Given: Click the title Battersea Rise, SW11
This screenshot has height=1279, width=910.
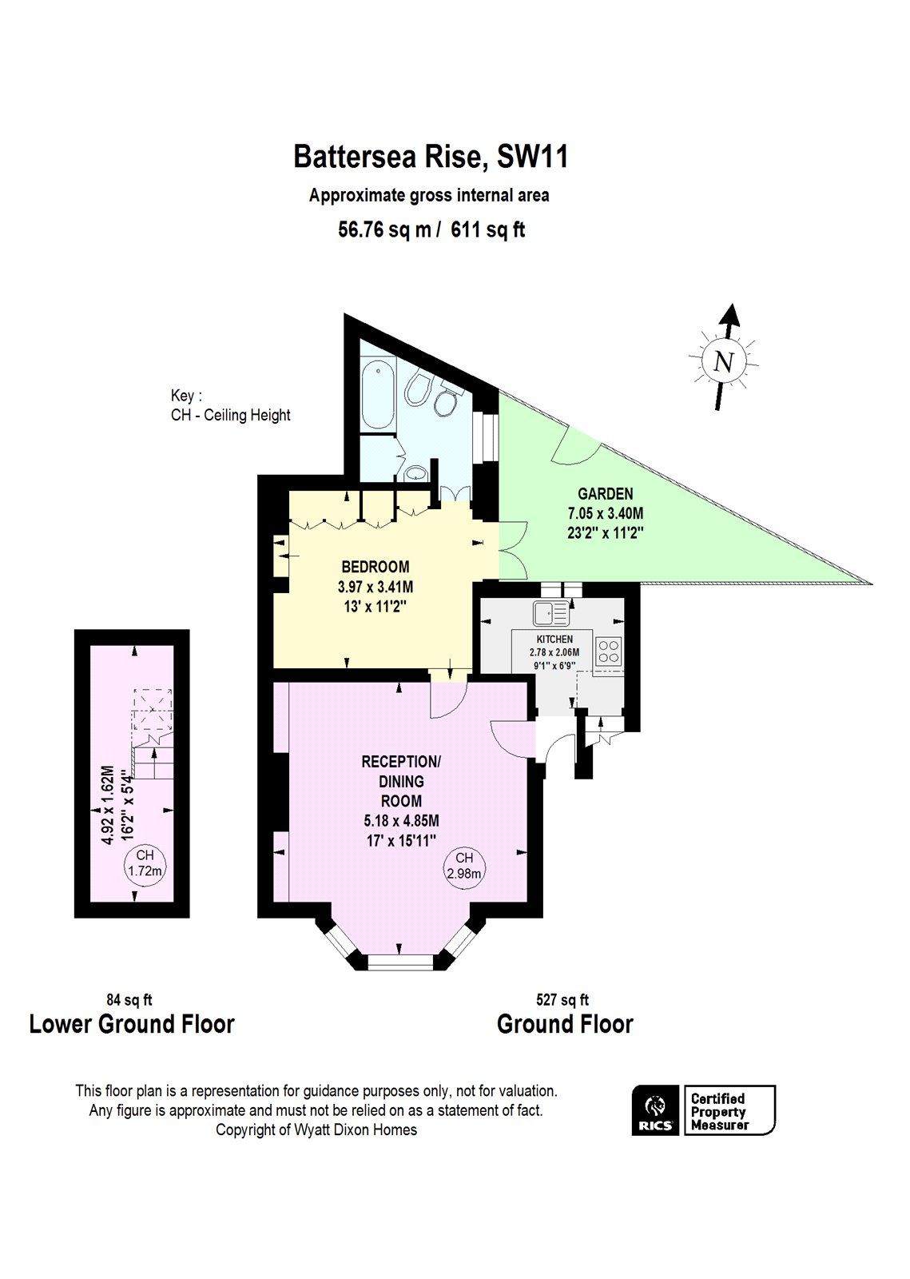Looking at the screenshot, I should click(x=431, y=156).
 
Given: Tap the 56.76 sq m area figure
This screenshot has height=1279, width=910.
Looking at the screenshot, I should click(x=384, y=230).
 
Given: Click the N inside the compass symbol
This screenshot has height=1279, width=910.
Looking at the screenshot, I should click(x=723, y=362).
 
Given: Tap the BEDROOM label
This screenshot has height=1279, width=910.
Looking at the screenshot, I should click(x=375, y=567).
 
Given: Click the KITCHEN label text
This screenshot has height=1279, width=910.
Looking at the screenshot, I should click(x=554, y=639).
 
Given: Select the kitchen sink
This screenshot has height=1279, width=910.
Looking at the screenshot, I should click(x=550, y=613).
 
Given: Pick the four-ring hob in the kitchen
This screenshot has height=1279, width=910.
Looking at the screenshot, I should click(x=610, y=650).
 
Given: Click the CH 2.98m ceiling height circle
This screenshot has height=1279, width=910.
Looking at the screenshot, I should click(x=464, y=866).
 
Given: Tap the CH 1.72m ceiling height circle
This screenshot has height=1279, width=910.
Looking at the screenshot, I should click(x=145, y=863).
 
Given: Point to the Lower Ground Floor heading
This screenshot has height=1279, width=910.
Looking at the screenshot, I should click(x=132, y=1024).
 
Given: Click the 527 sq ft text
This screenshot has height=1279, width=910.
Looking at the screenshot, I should click(x=562, y=999).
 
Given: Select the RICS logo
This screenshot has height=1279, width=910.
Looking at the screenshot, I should click(x=655, y=1110).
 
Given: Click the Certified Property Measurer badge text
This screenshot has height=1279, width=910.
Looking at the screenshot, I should click(x=718, y=1111).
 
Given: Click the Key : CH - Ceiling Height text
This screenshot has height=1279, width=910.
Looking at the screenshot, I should click(x=230, y=405).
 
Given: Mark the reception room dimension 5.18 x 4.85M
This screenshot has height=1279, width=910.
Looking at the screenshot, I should click(x=401, y=820).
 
